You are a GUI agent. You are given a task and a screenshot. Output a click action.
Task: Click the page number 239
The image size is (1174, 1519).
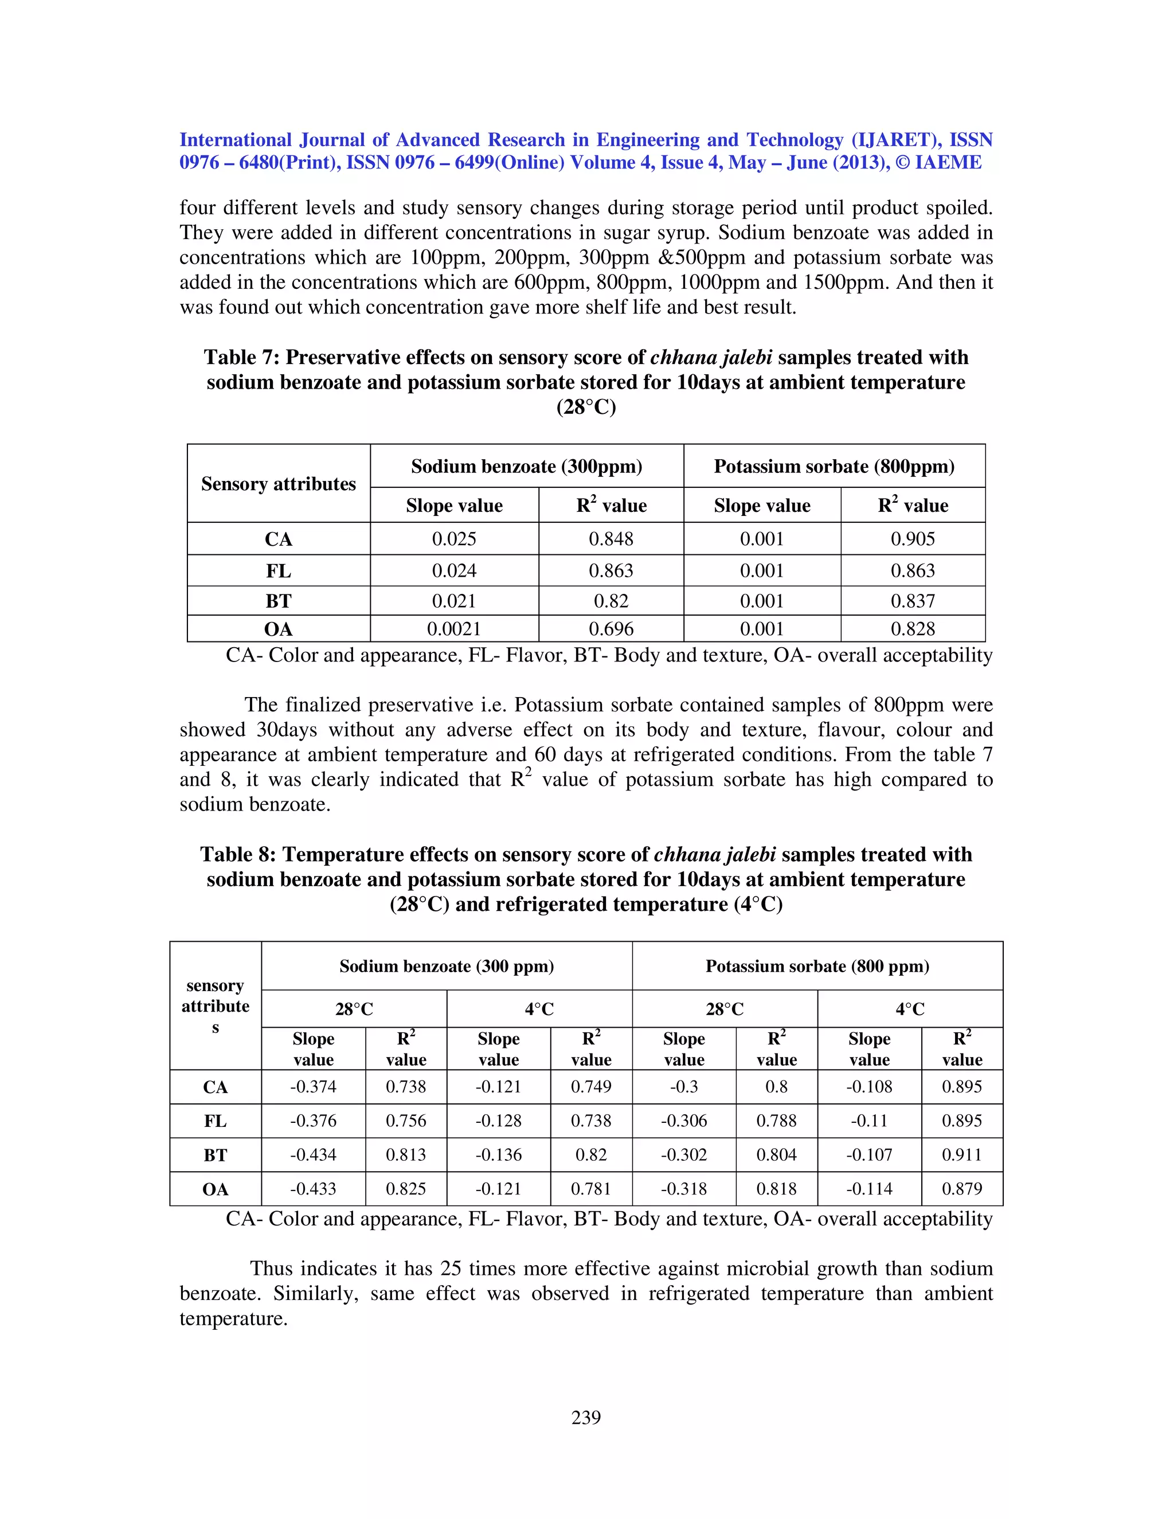click(586, 1418)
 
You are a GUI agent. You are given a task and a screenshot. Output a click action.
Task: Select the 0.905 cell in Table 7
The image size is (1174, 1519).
click(913, 539)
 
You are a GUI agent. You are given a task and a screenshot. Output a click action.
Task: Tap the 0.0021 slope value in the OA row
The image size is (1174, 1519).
click(453, 629)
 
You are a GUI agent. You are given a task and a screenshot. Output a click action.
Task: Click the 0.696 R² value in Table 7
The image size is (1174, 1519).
click(611, 629)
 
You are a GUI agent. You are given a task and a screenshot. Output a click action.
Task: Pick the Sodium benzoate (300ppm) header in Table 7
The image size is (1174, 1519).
click(526, 466)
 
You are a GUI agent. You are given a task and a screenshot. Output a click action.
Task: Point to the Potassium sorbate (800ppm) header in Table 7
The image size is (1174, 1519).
click(834, 466)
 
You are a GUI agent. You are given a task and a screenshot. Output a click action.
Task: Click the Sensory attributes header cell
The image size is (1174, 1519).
click(278, 483)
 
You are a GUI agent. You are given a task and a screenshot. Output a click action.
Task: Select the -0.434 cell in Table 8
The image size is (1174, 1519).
click(313, 1154)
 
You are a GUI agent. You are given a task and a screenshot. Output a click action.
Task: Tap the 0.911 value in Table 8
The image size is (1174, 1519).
click(962, 1154)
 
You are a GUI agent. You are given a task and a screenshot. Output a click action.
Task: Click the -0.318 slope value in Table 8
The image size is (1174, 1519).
click(684, 1189)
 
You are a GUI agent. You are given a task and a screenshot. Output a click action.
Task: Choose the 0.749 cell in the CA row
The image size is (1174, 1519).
click(591, 1086)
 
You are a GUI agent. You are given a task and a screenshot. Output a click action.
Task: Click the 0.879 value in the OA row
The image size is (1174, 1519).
click(962, 1189)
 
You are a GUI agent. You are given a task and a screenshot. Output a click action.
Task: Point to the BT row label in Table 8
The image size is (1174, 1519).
click(215, 1155)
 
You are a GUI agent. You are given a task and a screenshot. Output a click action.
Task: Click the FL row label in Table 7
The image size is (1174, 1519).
click(278, 571)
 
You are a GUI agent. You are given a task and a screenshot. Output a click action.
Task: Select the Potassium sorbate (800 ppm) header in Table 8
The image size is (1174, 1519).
click(817, 966)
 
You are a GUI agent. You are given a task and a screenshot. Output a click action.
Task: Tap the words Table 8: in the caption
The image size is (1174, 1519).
click(238, 854)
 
